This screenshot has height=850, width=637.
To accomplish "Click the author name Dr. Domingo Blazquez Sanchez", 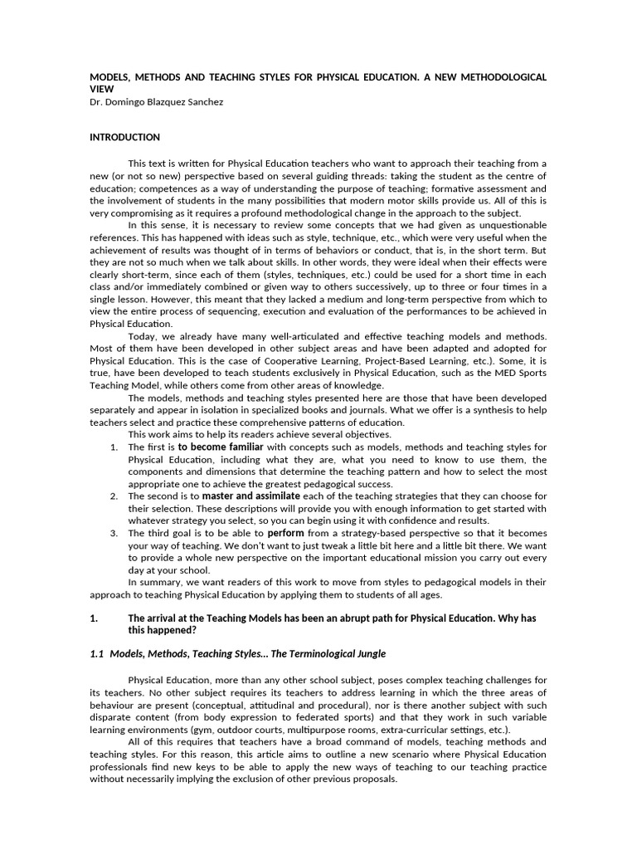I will point(156,101).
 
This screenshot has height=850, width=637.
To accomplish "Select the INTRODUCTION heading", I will point(124,137).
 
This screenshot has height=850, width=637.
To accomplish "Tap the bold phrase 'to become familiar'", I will point(218,447).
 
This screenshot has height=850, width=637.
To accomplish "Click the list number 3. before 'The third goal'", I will point(114,533).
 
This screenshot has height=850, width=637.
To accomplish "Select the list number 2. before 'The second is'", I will point(114,496).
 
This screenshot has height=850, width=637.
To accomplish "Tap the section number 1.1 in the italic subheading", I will point(97,654).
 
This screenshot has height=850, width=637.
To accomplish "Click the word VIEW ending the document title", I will point(101,88).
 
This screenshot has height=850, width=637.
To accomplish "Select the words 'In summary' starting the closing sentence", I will point(153,581).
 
